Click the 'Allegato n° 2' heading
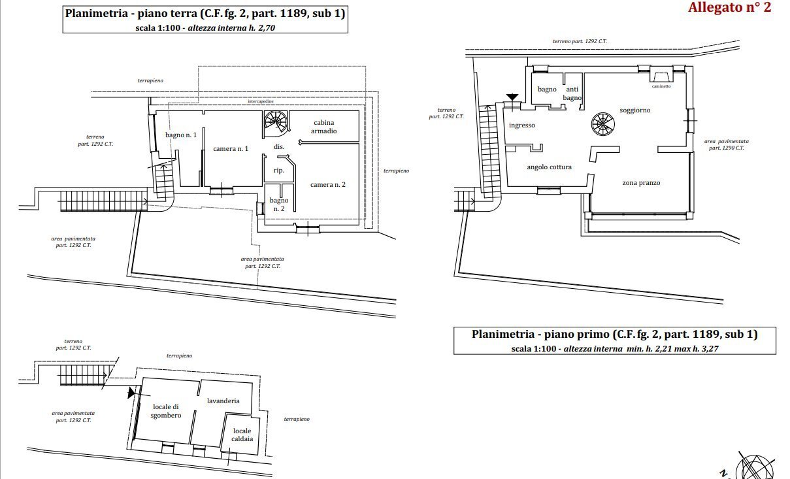tap(729, 8)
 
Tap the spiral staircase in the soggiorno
tap(602, 124)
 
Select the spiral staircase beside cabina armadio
tap(275, 122)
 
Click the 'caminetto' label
tap(661, 86)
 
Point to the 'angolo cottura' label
tap(549, 167)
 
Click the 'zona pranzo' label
tap(640, 183)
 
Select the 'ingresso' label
tap(521, 125)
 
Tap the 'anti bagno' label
tap(572, 93)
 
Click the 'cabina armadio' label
tap(324, 127)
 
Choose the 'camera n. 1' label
tap(231, 149)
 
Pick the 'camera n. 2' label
tap(327, 185)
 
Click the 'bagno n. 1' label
tap(181, 135)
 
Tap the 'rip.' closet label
tap(278, 171)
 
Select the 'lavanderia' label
tap(223, 401)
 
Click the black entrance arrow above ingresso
tap(512, 97)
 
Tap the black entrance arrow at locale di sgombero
tap(132, 393)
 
